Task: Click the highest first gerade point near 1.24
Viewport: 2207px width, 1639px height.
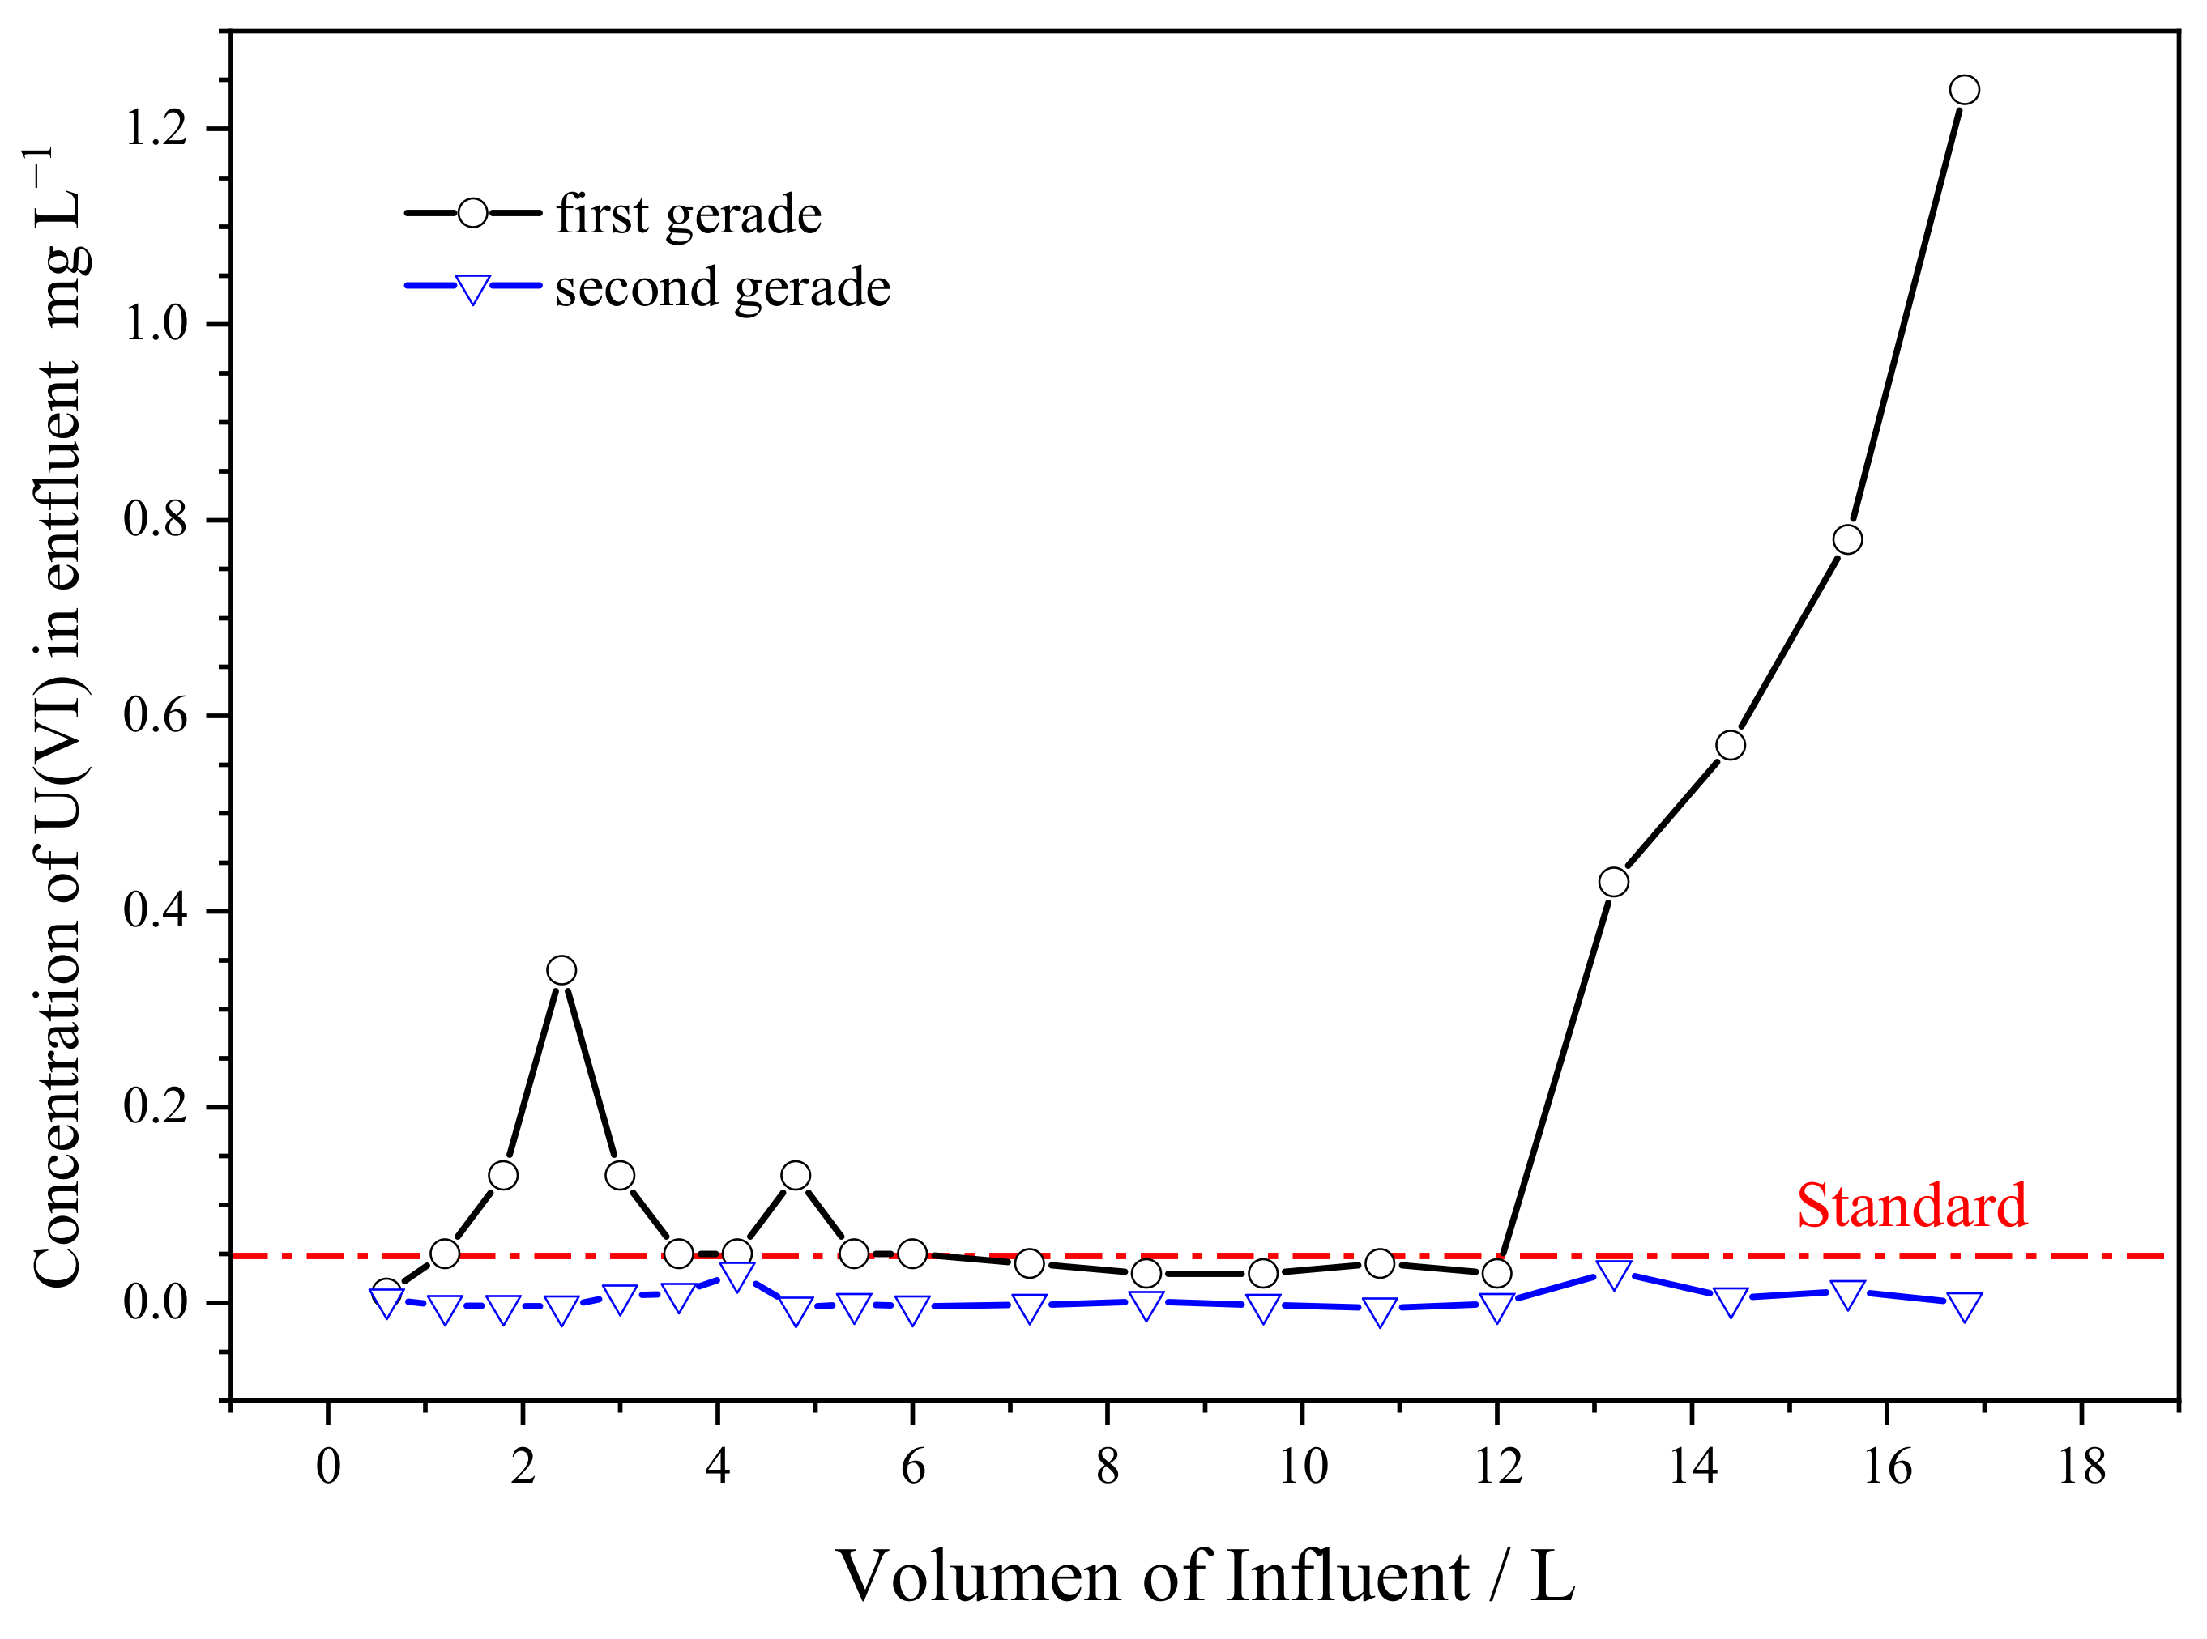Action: click(1964, 90)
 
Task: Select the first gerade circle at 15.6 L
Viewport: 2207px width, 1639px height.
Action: click(1846, 539)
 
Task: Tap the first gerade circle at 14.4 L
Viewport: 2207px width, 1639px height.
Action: click(1730, 745)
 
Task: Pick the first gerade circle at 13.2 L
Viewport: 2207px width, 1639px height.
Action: click(1614, 882)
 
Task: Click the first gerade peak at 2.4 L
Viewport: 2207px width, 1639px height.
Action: click(561, 970)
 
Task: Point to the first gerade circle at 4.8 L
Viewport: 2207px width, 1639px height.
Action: click(795, 1176)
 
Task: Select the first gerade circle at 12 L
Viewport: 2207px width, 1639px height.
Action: click(1496, 1273)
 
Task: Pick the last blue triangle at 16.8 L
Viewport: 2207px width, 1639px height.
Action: click(1964, 1307)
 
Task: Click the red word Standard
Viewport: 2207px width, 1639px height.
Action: click(1911, 1207)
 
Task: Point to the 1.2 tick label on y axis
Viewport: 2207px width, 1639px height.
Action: click(156, 129)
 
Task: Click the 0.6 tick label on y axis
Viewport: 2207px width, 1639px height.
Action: click(156, 715)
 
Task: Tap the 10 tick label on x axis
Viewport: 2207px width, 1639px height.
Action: click(1302, 1467)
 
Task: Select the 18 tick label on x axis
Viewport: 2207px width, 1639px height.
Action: click(2081, 1467)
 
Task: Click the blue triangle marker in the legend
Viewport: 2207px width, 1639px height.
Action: click(472, 289)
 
